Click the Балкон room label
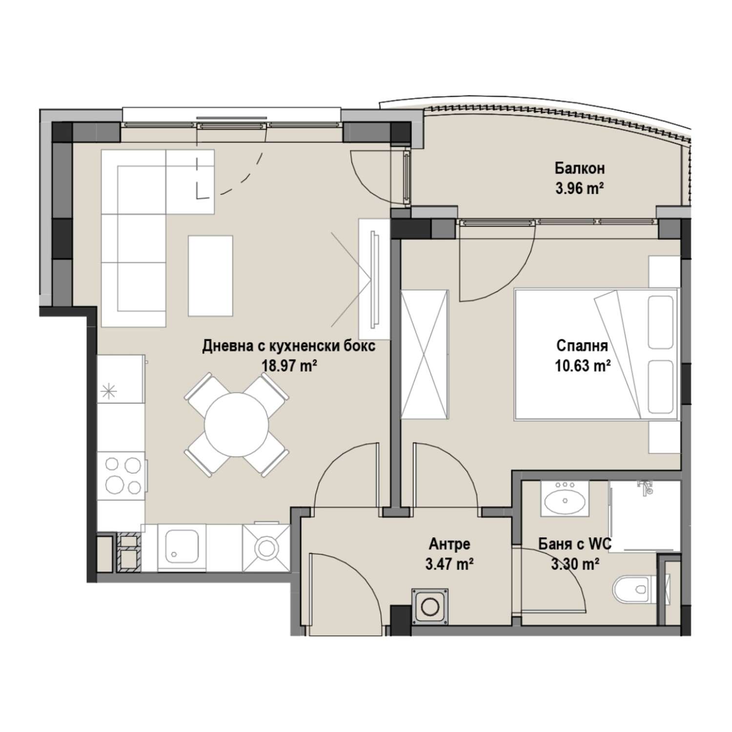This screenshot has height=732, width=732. click(x=579, y=168)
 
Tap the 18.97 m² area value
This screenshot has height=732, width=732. click(x=290, y=366)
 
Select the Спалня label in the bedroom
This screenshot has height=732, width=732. click(x=582, y=346)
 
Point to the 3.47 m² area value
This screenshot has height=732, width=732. click(x=449, y=564)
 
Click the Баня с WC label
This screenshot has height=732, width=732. click(x=575, y=544)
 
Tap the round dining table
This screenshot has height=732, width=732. click(x=236, y=425)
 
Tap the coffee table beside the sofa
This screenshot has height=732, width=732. click(x=210, y=275)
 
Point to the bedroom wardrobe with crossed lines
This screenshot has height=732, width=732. click(x=424, y=354)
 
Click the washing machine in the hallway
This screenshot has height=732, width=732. click(x=429, y=607)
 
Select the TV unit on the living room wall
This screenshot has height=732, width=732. click(x=375, y=279)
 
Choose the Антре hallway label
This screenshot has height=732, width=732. click(x=449, y=544)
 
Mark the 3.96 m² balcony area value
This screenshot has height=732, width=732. click(x=580, y=188)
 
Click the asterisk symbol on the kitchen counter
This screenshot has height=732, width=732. click(x=109, y=391)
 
